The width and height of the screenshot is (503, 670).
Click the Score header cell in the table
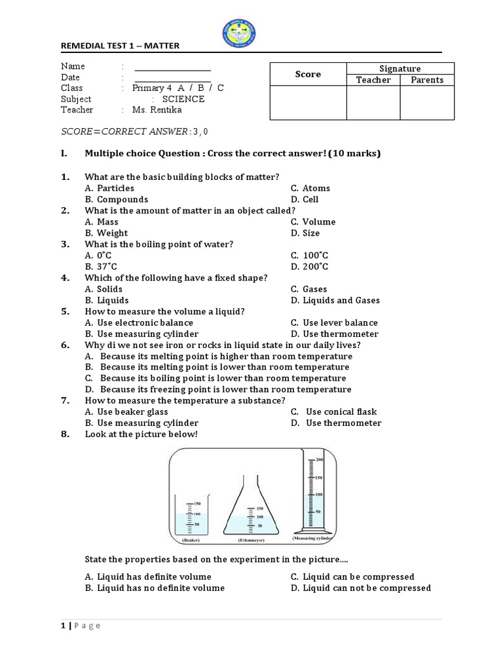[x=308, y=75]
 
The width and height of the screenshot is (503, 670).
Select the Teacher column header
[x=373, y=80]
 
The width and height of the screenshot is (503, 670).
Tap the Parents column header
[x=427, y=80]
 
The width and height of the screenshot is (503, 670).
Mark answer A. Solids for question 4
[x=103, y=289]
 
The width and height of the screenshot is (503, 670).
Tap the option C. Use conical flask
[x=334, y=412]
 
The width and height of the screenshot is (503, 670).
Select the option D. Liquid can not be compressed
[x=360, y=588]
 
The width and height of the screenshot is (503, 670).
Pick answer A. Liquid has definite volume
[x=148, y=577]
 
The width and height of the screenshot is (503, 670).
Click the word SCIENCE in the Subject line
[x=183, y=99]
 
